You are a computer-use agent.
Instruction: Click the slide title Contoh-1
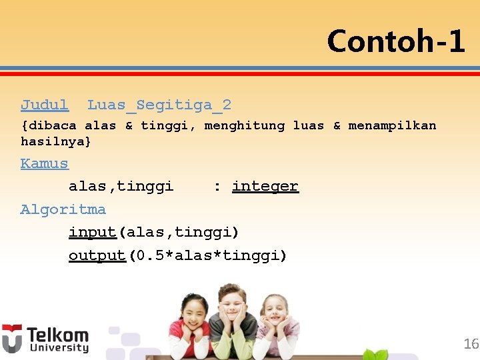[395, 41]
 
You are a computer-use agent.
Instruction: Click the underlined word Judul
[45, 105]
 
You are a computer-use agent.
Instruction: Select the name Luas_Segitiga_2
[159, 105]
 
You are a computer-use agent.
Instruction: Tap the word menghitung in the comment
[244, 125]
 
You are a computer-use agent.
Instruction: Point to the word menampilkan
[392, 125]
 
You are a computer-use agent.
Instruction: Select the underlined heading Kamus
[45, 163]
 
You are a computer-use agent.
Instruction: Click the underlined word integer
[265, 186]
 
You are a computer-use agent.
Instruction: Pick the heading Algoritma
[63, 209]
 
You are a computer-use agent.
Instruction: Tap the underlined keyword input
[93, 232]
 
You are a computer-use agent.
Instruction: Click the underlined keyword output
[97, 255]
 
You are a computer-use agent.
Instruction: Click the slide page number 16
[471, 344]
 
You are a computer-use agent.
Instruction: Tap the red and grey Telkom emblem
[12, 338]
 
